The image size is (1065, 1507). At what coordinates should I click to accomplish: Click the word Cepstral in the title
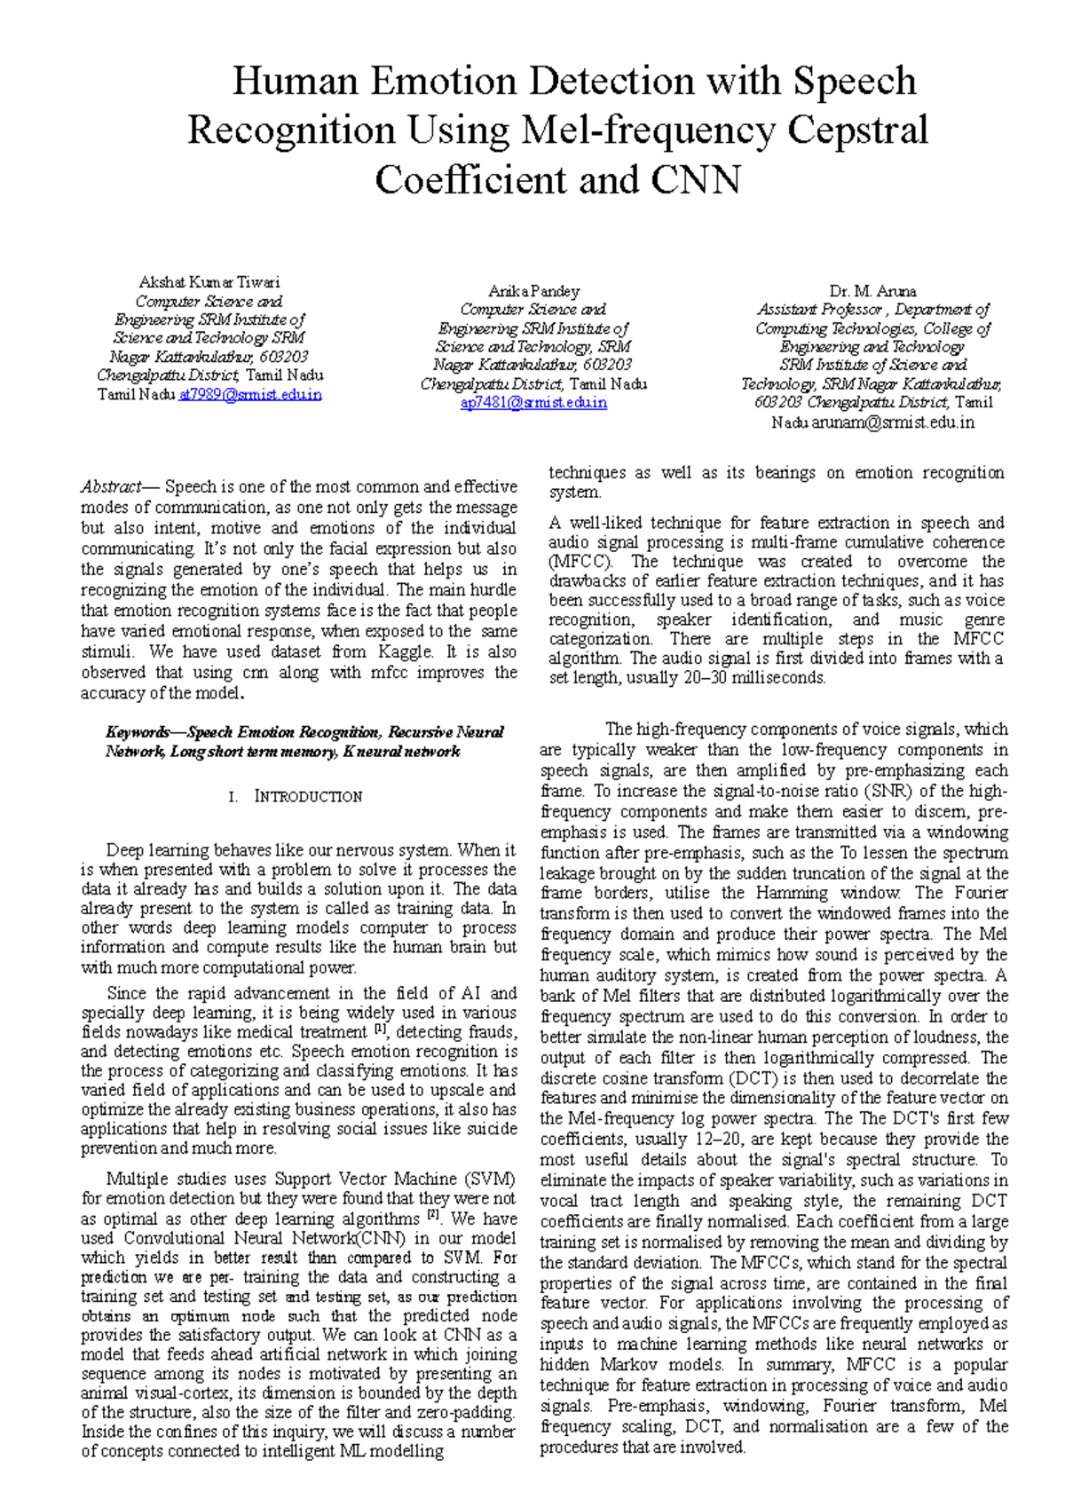[x=857, y=130]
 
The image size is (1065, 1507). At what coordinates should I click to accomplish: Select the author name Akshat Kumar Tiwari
[x=209, y=282]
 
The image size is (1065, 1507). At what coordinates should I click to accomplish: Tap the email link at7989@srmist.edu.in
[x=250, y=394]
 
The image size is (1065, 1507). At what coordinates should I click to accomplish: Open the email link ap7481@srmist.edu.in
[x=533, y=402]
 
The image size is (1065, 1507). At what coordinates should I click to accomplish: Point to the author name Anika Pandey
[x=533, y=291]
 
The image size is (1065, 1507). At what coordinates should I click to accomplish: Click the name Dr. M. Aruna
[x=872, y=291]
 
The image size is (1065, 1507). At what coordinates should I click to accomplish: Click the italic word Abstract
[x=111, y=486]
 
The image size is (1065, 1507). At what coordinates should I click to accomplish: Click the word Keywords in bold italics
[x=138, y=732]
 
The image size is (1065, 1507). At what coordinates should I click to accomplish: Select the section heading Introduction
[x=308, y=796]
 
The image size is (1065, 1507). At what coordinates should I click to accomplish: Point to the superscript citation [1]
[x=381, y=1030]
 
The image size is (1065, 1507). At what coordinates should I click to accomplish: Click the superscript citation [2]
[x=433, y=1215]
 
